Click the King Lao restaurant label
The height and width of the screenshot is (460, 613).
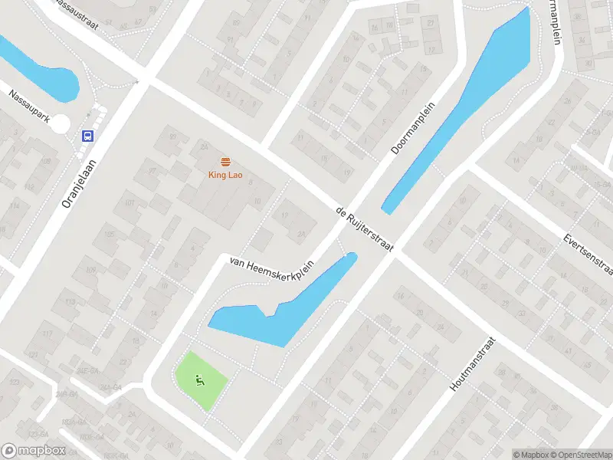pyautogui.click(x=225, y=174)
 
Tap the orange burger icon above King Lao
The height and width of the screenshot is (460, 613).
pyautogui.click(x=225, y=161)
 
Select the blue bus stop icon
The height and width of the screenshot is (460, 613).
pyautogui.click(x=88, y=136)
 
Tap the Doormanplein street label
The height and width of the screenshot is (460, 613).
pyautogui.click(x=413, y=128)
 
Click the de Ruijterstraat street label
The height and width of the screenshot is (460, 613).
pyautogui.click(x=365, y=228)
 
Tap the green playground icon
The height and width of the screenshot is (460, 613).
pyautogui.click(x=200, y=379)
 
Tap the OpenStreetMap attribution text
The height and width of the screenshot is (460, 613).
pyautogui.click(x=580, y=455)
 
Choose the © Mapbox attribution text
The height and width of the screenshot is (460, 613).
pyautogui.click(x=532, y=455)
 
